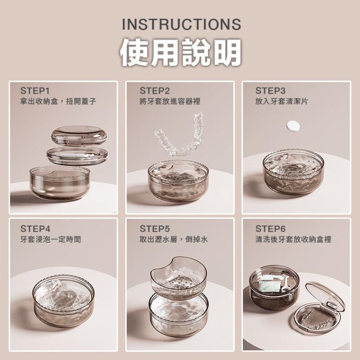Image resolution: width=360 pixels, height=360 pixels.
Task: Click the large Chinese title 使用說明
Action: [x=180, y=52]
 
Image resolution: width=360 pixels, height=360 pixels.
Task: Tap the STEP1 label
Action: [x=35, y=91]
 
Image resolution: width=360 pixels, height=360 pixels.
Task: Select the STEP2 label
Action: [x=155, y=91]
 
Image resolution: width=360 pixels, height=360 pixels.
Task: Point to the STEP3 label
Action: [x=270, y=91]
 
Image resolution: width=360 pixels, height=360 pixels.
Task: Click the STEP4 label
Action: [x=35, y=228]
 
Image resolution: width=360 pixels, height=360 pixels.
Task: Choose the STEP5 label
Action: [x=155, y=228]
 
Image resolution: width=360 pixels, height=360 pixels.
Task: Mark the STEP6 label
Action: [x=270, y=228]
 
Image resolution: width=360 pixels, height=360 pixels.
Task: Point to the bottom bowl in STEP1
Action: [x=60, y=184]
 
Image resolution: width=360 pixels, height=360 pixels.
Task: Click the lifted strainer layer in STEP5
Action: [x=178, y=278]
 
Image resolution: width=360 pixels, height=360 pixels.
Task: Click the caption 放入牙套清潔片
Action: [x=282, y=101]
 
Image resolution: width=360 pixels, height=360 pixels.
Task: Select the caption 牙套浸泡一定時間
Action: [x=50, y=239]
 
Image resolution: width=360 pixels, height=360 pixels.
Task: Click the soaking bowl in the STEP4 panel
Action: [x=63, y=300]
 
